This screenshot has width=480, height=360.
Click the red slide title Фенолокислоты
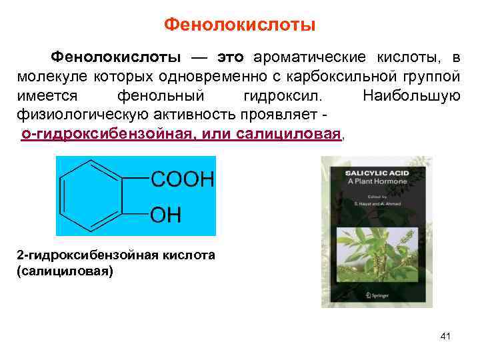click(239, 25)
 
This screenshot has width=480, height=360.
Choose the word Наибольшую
click(411, 95)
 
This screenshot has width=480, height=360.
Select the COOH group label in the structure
click(182, 179)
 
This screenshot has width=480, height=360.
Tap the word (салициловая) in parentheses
click(65, 271)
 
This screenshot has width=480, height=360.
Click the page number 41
click(445, 336)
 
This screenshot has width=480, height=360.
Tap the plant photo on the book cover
click(377, 253)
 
